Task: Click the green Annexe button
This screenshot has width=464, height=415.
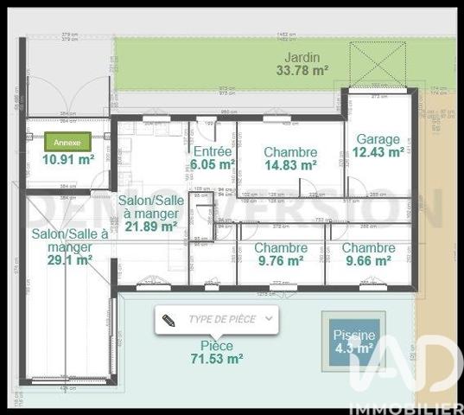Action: (x=67, y=142)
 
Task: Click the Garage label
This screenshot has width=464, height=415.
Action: (x=378, y=138)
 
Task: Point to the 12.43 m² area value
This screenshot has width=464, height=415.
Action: (x=378, y=152)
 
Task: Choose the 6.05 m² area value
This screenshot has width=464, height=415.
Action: (x=213, y=163)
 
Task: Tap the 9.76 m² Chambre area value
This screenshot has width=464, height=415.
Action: (x=280, y=260)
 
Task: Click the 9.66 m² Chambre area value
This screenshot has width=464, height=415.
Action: (x=370, y=260)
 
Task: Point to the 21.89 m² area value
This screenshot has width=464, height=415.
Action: (x=151, y=227)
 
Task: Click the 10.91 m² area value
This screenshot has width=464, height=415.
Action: (x=68, y=159)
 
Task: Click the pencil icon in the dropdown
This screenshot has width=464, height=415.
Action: (x=168, y=319)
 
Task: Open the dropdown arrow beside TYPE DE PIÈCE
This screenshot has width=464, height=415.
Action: (x=270, y=319)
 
